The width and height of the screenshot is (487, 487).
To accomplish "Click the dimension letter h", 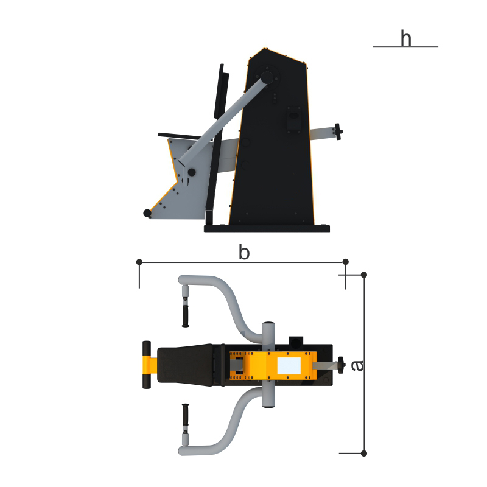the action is (405, 38).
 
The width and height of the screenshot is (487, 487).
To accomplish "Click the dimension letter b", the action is (244, 252).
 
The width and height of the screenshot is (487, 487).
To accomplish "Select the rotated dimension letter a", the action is (357, 366).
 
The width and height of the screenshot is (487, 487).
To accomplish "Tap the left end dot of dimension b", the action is (139, 262).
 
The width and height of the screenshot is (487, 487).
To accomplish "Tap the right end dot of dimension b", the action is (345, 262).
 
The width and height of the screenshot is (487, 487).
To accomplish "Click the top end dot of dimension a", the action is (364, 275).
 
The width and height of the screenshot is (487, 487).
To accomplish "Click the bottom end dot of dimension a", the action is (364, 454).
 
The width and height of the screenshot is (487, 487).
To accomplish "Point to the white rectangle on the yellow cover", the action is (289, 365).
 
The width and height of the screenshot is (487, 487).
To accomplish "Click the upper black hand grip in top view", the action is (186, 315).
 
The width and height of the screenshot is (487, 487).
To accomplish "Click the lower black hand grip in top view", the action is (186, 415).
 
